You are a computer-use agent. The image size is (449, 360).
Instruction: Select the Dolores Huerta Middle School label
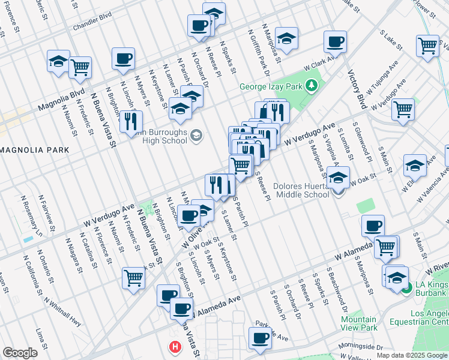point(301,190)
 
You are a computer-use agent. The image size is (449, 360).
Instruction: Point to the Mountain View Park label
point(359,324)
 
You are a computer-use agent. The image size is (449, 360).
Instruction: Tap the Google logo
point(20,353)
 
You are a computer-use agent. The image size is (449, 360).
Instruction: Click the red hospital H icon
point(175,347)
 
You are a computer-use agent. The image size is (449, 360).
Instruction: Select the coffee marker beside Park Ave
point(259,337)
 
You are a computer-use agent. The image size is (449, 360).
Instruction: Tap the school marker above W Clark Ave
point(286,38)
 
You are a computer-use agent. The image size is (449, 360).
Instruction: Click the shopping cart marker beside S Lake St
point(427,45)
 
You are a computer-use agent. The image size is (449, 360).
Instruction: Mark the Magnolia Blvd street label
point(61,100)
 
